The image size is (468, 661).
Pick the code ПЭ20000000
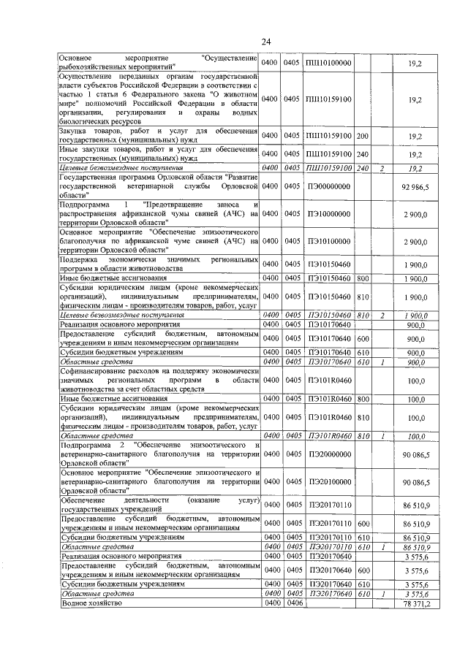click(328, 455)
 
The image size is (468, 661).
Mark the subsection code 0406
click(293, 604)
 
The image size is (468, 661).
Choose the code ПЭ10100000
click(328, 241)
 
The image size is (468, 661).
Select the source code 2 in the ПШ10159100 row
click(382, 168)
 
